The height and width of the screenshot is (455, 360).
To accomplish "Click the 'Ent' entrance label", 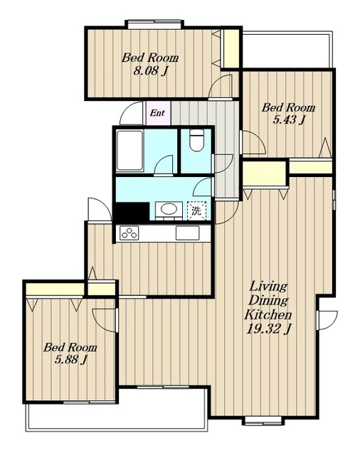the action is pos(157,113).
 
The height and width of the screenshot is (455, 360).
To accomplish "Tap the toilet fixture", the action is pos(196,140).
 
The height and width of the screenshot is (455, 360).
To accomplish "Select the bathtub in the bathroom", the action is pos(129,151).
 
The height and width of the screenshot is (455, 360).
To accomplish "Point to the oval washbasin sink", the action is pos(169,210).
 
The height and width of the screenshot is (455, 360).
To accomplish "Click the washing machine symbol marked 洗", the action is pos(196,210).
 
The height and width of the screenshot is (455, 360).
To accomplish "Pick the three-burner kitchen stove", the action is pos(129,233).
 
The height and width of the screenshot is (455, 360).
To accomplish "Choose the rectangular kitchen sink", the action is pos(187,233).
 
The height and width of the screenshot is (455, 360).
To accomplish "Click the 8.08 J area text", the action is pos(151,71).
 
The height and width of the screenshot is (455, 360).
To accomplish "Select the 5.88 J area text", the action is pos(71,360).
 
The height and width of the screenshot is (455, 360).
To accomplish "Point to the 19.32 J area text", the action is pos(269,329).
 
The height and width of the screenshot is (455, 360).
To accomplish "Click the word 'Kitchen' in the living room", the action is pos(268,314).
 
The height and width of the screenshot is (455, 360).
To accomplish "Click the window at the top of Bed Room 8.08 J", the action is pos(155,23).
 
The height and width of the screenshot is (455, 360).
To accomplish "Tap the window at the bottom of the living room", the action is pos(263,421).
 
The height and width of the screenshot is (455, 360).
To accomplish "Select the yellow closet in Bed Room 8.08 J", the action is pos(230,48).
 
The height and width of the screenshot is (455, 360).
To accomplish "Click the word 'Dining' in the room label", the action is pos(268,300).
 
